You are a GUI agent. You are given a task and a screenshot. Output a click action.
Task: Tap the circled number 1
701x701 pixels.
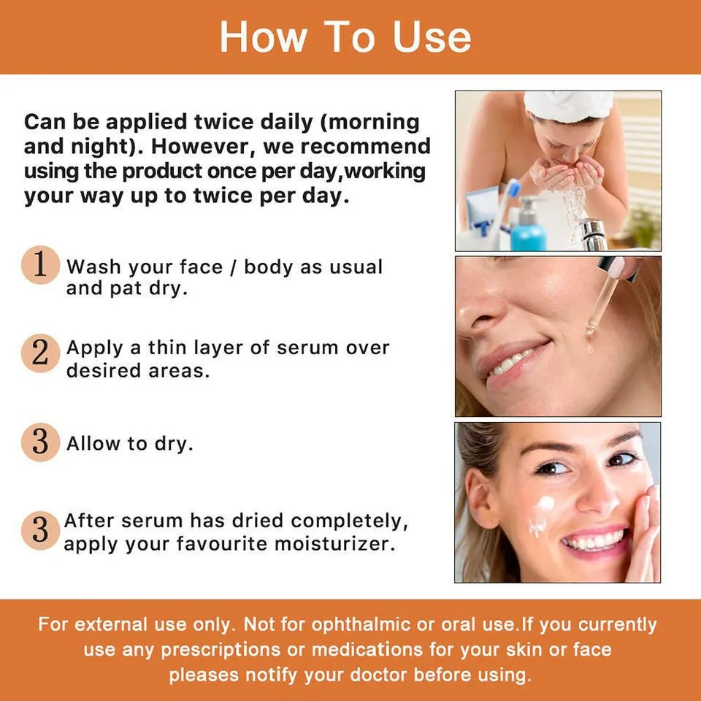tap(41, 264)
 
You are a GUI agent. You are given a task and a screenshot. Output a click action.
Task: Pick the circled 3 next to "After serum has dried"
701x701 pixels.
tap(39, 531)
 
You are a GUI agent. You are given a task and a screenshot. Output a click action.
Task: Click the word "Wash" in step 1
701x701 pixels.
tap(93, 267)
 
